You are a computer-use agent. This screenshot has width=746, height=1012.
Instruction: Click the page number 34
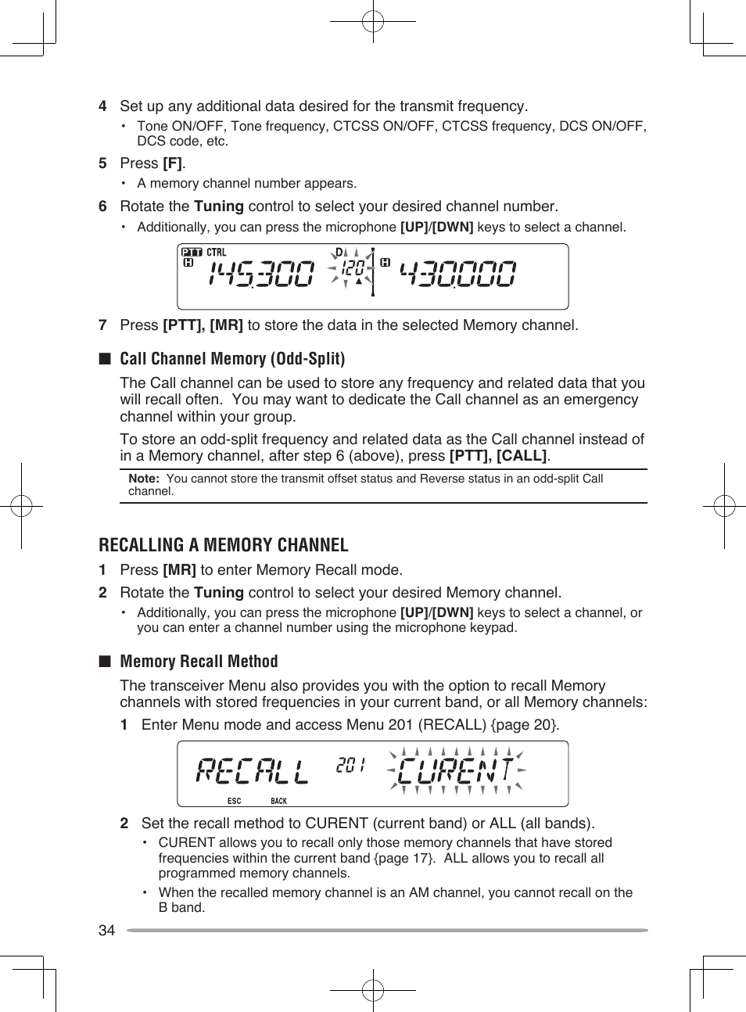[x=106, y=930]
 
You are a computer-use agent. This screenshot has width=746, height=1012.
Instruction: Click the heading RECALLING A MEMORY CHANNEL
[x=224, y=545]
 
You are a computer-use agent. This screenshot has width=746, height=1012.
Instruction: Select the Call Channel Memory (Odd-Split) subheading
[x=232, y=359]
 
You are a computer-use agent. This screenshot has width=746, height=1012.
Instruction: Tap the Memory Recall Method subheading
[x=199, y=662]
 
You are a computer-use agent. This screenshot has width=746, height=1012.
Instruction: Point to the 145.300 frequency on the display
[x=261, y=275]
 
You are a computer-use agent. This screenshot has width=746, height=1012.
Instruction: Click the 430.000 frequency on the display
[x=457, y=275]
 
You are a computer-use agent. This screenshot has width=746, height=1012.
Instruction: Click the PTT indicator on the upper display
[x=192, y=253]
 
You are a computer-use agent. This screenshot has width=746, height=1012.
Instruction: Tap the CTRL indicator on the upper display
[x=217, y=253]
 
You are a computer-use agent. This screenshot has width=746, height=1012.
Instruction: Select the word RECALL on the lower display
[x=252, y=772]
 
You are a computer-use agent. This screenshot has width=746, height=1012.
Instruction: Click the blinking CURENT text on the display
[x=456, y=771]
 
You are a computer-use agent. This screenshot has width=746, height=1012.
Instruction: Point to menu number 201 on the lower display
[x=350, y=766]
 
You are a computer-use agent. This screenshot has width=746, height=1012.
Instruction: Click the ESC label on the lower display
[x=234, y=801]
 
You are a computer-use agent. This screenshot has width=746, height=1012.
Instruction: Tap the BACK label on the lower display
[x=278, y=801]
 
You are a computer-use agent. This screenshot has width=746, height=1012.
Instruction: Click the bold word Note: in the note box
[x=144, y=479]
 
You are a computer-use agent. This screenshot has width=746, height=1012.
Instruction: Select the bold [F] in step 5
[x=172, y=163]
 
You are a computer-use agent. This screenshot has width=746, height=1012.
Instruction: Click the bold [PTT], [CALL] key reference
[x=497, y=456]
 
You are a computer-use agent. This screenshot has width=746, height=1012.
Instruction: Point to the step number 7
[x=102, y=325]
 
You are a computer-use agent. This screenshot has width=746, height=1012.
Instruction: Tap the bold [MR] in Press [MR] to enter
[x=179, y=570]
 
